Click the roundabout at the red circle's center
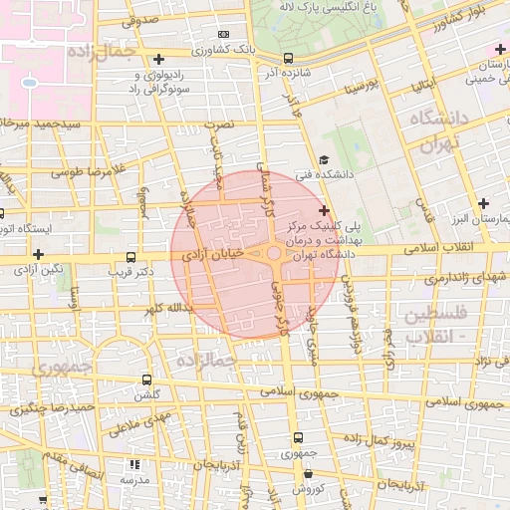(x=274, y=255)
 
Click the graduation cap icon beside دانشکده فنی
(x=324, y=160)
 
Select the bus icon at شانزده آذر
(x=288, y=58)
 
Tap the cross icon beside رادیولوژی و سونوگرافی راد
(x=159, y=59)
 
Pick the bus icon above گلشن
(x=147, y=380)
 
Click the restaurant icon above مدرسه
(x=134, y=464)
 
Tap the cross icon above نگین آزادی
(x=39, y=254)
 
